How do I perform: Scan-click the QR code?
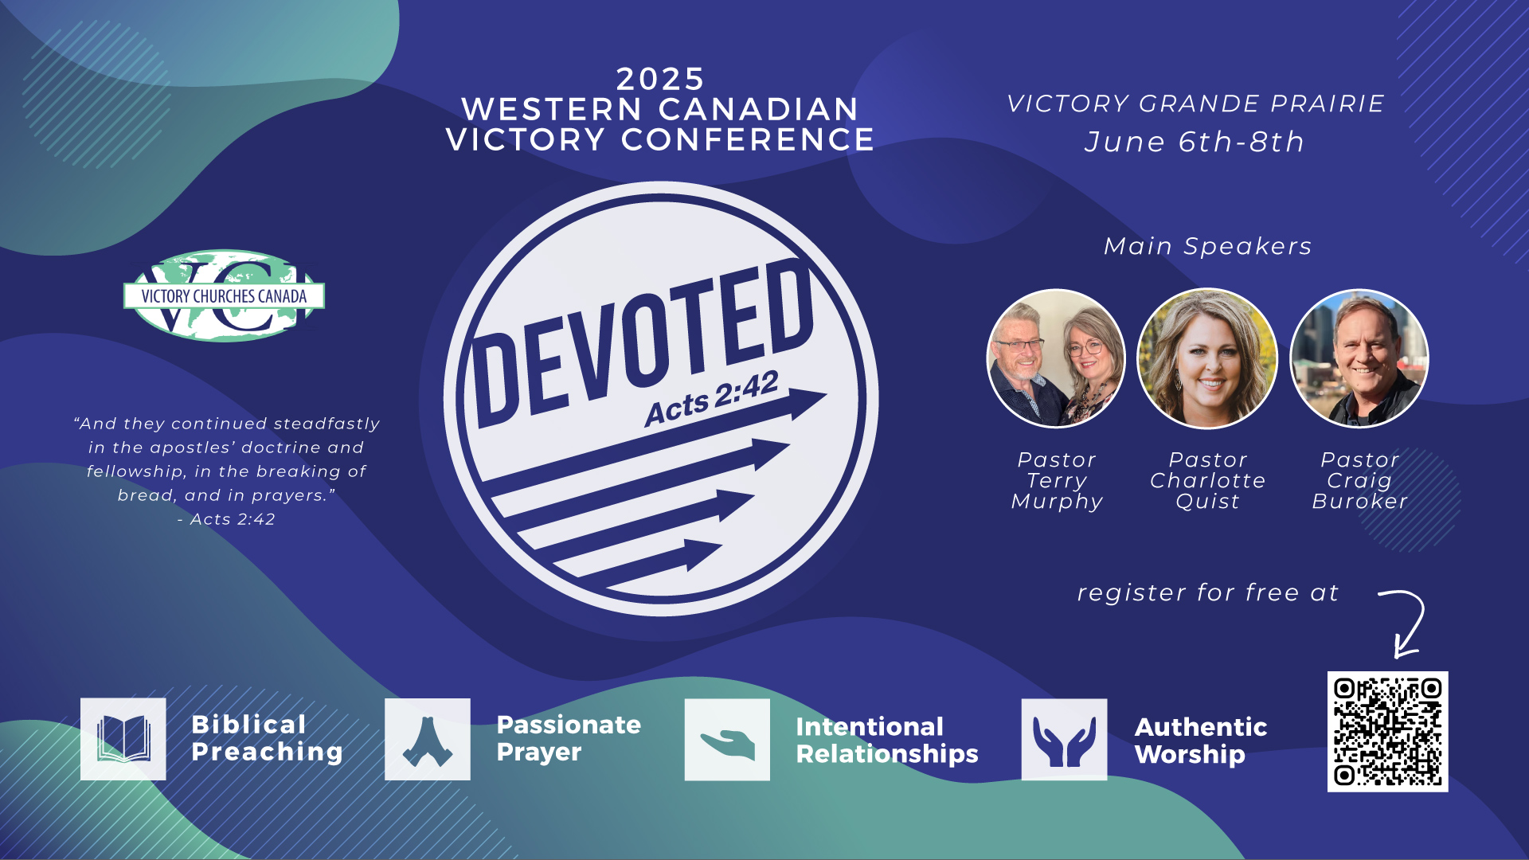click(x=1387, y=731)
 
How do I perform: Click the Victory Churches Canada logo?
click(x=224, y=295)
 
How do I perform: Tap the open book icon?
click(x=123, y=739)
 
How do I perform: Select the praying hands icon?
click(x=428, y=739)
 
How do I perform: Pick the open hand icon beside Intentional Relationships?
click(x=727, y=740)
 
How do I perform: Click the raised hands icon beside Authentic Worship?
click(x=1064, y=740)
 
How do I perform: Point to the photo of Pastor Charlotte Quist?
click(x=1207, y=359)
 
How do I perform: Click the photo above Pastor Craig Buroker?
click(x=1359, y=359)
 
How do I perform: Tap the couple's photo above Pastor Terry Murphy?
click(x=1056, y=359)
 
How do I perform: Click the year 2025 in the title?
click(x=660, y=79)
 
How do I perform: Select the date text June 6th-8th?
click(x=1195, y=142)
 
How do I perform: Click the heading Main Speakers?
click(x=1207, y=246)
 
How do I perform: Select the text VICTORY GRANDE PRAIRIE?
click(x=1195, y=104)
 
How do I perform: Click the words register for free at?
click(x=1207, y=592)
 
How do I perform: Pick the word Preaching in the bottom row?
click(x=267, y=752)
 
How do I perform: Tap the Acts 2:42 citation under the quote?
click(x=227, y=519)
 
